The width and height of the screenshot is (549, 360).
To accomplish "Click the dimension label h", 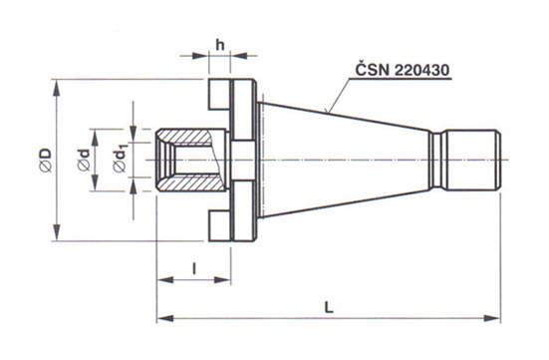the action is [x=220, y=45].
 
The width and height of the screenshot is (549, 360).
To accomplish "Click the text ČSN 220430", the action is [x=402, y=70].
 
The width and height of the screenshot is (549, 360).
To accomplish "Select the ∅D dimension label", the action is [x=46, y=161].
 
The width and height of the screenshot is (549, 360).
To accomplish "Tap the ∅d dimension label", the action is [x=84, y=160].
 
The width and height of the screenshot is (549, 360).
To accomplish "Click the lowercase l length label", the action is [x=194, y=269].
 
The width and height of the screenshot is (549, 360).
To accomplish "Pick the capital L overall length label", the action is [x=328, y=308].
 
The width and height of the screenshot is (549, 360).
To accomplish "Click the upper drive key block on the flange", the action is [x=219, y=95].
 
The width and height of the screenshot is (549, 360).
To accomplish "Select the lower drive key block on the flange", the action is [x=219, y=225].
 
